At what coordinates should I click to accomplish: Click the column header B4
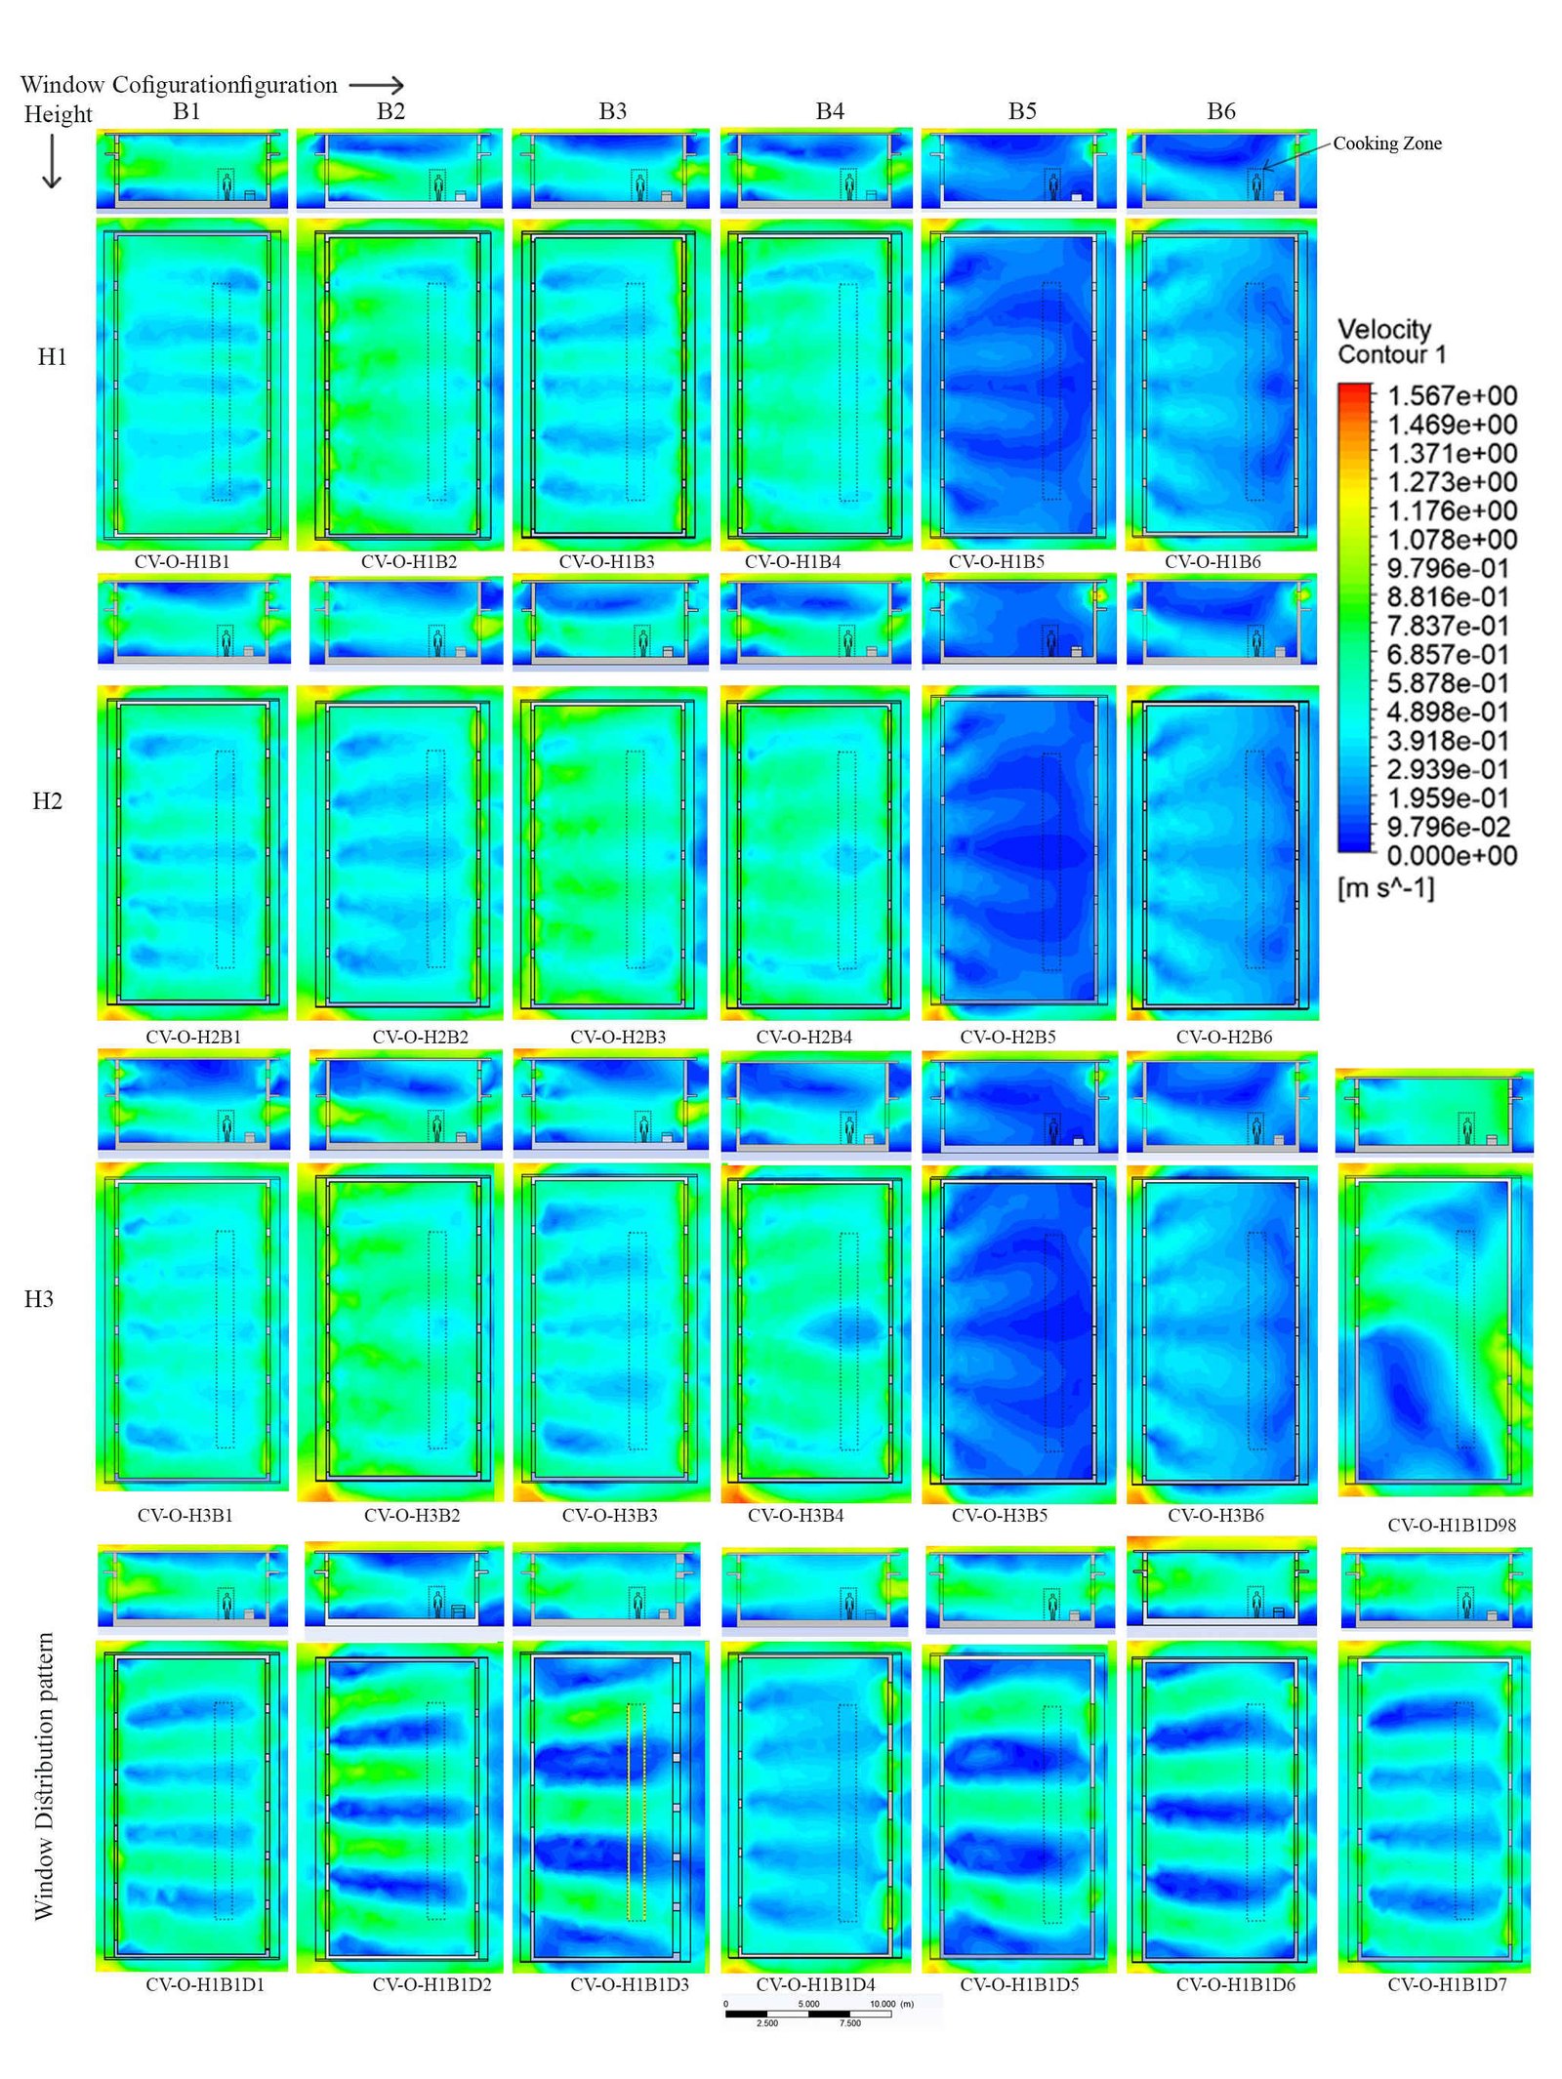[x=829, y=111]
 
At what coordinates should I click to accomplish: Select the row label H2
[x=47, y=800]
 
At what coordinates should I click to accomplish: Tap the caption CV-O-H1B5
[x=996, y=561]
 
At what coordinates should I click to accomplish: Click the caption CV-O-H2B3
[x=618, y=1037]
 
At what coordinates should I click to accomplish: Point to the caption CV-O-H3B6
[x=1214, y=1515]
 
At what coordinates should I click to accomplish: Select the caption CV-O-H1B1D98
[x=1451, y=1525]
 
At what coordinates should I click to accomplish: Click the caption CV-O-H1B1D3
[x=629, y=1984]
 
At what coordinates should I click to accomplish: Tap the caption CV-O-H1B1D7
[x=1446, y=1984]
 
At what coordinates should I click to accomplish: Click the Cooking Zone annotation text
[x=1386, y=143]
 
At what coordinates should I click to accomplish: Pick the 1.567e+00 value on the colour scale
[x=1452, y=395]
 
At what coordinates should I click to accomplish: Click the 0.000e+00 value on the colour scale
[x=1452, y=856]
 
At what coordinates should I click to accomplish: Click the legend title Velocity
[x=1383, y=329]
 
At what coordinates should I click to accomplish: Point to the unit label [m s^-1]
[x=1385, y=888]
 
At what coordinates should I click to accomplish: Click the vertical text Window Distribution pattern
[x=44, y=1776]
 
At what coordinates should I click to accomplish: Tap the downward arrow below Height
[x=52, y=161]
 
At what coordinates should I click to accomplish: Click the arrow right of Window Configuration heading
[x=376, y=86]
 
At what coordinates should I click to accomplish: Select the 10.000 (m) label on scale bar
[x=890, y=2004]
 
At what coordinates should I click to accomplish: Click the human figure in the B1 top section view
[x=227, y=186]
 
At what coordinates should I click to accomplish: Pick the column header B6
[x=1220, y=111]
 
